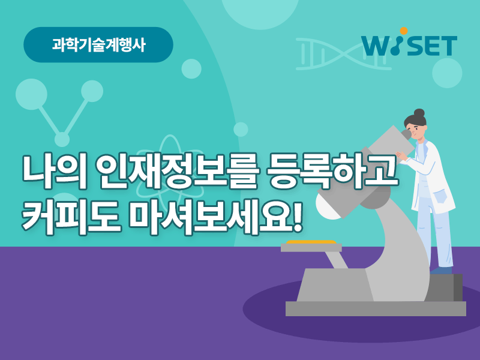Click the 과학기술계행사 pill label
click(x=98, y=44)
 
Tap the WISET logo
click(x=409, y=43)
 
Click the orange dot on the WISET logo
click(x=404, y=31)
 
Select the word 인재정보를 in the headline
click(x=178, y=172)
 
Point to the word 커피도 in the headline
click(x=71, y=217)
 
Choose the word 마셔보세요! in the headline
click(x=215, y=217)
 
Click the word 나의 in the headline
click(x=55, y=172)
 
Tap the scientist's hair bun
click(x=419, y=113)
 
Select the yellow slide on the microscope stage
click(x=311, y=242)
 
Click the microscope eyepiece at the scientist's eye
click(x=406, y=134)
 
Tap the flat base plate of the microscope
click(x=376, y=308)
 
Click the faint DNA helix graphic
click(x=343, y=54)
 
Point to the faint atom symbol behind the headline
click(x=169, y=170)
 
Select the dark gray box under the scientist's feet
click(x=446, y=287)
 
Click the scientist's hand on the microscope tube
click(x=401, y=155)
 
